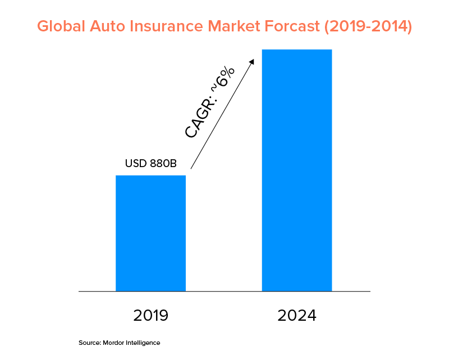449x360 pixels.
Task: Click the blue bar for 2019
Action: tap(150, 233)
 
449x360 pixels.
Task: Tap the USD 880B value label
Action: tap(150, 164)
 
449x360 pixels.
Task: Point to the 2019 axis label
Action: tap(150, 315)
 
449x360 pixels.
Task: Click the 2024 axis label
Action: tap(297, 315)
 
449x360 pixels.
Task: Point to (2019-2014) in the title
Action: tap(373, 26)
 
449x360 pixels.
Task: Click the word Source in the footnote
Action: tap(89, 343)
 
